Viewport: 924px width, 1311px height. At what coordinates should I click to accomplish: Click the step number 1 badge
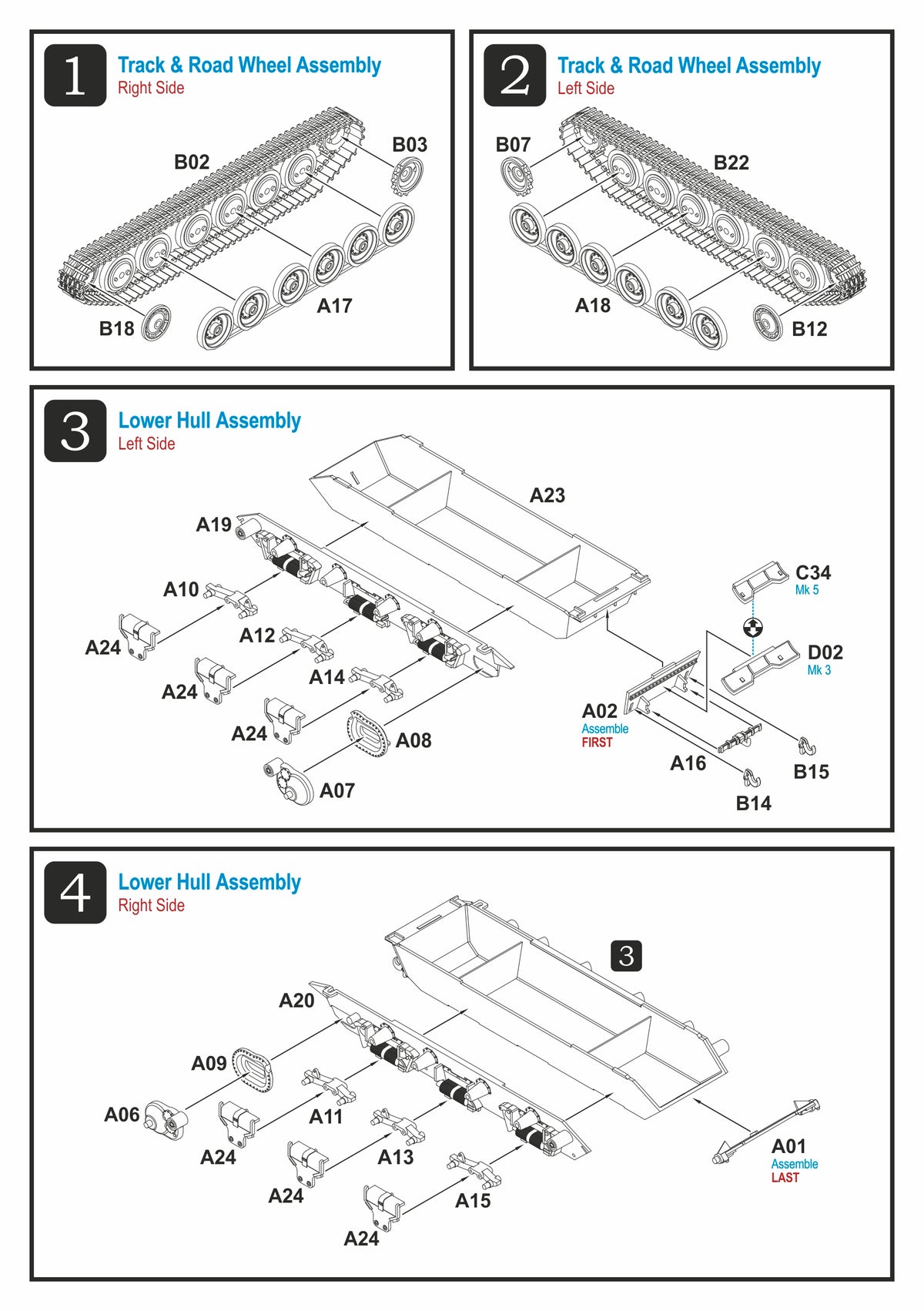pos(75,75)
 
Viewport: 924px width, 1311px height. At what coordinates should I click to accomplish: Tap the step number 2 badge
pos(514,75)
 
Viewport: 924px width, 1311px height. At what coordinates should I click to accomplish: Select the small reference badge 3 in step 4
pos(626,956)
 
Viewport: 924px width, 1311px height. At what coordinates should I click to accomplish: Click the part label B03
pos(410,145)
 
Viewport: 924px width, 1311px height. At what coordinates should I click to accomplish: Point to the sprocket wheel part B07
pos(517,176)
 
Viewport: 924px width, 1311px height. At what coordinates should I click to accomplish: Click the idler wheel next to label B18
pos(156,323)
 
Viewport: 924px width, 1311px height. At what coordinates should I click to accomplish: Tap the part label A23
pos(547,495)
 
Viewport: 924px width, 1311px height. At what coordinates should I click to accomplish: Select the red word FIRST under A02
pos(597,743)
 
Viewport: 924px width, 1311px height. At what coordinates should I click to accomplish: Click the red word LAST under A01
pos(785,1178)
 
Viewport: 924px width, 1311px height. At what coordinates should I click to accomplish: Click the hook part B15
pos(807,746)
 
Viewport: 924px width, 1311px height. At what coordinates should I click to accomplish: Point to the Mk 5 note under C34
pos(807,590)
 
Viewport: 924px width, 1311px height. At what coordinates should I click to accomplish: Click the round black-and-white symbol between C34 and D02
pos(753,627)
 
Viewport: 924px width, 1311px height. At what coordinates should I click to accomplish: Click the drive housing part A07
pos(290,783)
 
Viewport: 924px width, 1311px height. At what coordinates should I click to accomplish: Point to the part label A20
pos(296,1001)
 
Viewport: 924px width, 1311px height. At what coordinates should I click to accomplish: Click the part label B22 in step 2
pos(731,163)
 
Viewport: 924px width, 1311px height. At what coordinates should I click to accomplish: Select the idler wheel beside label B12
pos(768,323)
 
